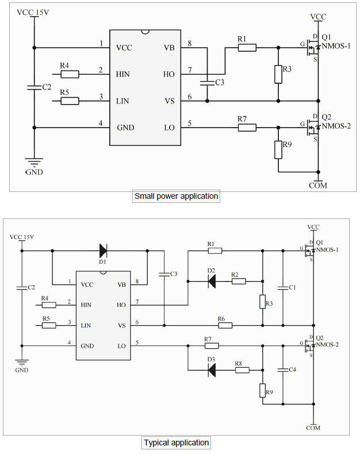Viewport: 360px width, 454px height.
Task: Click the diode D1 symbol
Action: click(x=103, y=250)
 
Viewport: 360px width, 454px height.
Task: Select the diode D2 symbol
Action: click(x=211, y=281)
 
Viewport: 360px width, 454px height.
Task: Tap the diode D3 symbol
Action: click(x=211, y=371)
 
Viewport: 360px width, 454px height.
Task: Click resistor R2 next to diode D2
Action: click(x=239, y=281)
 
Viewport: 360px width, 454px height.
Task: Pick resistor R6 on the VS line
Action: click(x=225, y=325)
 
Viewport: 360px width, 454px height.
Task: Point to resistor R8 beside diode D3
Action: click(x=242, y=371)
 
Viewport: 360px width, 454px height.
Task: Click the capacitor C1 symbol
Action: click(x=283, y=287)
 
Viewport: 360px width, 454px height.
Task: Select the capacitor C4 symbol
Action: click(x=283, y=370)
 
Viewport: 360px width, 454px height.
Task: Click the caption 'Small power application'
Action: click(x=176, y=196)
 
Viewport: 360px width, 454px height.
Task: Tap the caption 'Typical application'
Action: click(x=176, y=443)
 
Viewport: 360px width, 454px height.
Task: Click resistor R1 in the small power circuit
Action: click(x=247, y=48)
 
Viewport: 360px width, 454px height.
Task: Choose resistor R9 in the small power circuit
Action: click(x=278, y=150)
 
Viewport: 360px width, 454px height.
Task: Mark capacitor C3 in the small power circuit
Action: click(x=207, y=83)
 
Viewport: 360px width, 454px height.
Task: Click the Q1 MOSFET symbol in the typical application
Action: click(x=310, y=250)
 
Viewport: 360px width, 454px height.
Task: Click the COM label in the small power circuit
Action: click(x=318, y=185)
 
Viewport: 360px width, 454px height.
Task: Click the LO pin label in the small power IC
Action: click(x=169, y=127)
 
